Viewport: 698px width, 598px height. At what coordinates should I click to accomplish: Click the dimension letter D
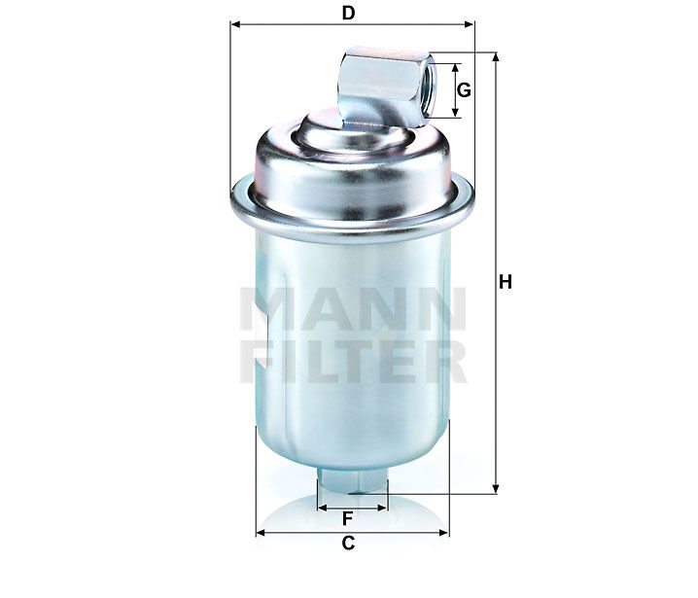[348, 14]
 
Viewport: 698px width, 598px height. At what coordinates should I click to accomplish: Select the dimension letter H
[506, 282]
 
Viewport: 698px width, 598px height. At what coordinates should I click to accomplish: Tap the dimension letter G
[464, 90]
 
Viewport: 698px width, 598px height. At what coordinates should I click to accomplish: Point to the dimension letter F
[348, 518]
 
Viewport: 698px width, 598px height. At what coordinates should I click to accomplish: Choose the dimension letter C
[348, 544]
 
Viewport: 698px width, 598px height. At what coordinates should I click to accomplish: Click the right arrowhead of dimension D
[470, 24]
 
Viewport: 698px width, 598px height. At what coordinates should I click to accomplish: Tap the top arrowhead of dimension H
[495, 57]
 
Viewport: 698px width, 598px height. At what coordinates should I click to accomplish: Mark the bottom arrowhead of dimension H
[495, 489]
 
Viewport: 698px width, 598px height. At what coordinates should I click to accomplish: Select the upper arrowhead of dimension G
[455, 68]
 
